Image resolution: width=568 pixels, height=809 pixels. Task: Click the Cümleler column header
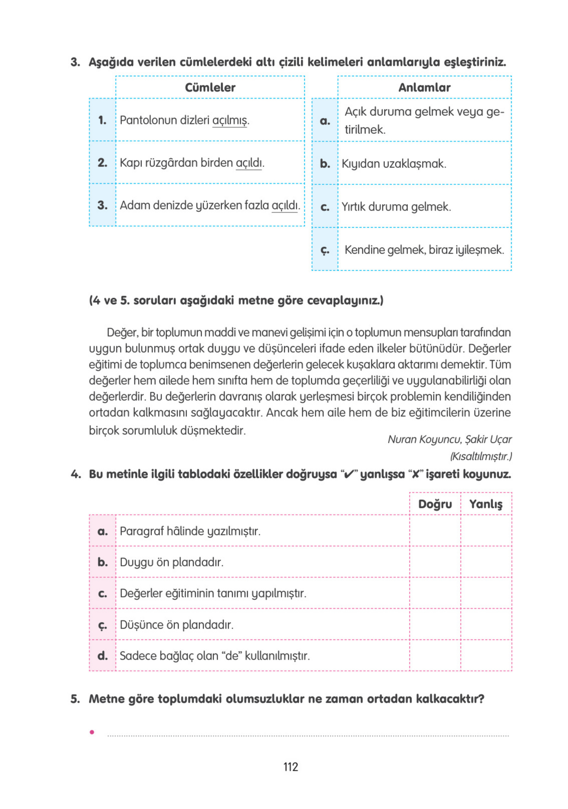210,87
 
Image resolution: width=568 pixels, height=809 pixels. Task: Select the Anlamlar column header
424,87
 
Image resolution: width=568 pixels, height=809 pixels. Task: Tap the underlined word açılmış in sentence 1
229,120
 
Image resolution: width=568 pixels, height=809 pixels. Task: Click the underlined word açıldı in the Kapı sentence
248,163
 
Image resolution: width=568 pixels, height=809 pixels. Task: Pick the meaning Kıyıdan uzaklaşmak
394,164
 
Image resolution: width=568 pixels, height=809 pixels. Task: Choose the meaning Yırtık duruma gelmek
396,207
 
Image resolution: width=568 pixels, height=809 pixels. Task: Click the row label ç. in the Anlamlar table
324,250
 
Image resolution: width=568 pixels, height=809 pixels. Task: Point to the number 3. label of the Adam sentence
102,205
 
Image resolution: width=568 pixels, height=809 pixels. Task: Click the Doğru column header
435,504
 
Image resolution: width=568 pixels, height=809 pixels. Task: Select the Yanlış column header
486,504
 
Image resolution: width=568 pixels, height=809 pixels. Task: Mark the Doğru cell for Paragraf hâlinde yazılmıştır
435,531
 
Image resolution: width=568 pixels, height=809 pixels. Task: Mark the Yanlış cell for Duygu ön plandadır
486,562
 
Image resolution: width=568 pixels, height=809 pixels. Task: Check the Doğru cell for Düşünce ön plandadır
435,624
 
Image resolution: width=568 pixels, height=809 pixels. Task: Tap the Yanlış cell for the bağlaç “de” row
486,655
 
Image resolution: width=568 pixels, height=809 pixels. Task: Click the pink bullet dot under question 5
92,732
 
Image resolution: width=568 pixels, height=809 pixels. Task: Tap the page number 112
290,767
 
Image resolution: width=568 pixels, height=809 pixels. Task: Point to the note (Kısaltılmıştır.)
481,456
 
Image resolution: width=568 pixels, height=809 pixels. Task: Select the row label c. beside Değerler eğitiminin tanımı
102,593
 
